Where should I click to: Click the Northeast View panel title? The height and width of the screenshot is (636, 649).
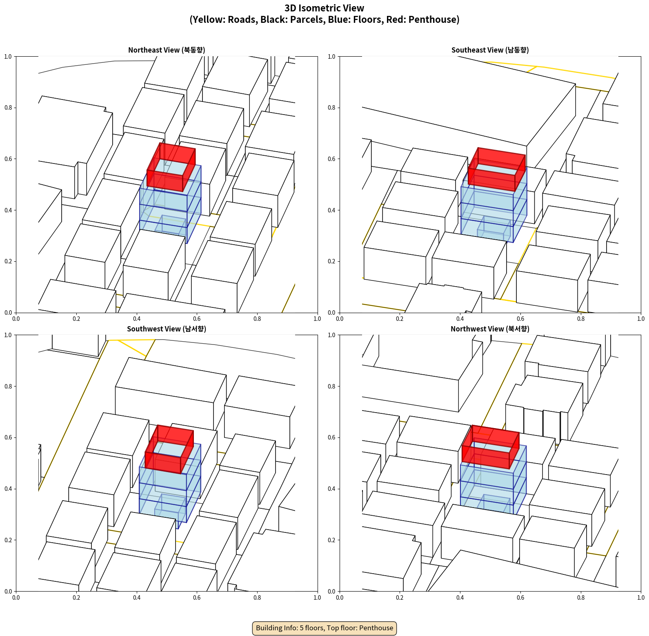click(x=167, y=50)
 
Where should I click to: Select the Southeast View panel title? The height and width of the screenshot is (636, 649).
click(x=490, y=50)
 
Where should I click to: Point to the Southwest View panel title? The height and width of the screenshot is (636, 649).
click(x=167, y=329)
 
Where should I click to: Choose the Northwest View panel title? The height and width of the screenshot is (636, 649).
click(x=490, y=329)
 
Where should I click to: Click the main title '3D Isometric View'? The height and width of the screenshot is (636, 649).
click(x=324, y=8)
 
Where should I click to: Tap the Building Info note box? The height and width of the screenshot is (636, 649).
click(x=324, y=628)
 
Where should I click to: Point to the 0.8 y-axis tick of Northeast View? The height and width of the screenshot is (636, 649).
click(x=8, y=108)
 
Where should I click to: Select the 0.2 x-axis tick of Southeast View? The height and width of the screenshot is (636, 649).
click(x=400, y=319)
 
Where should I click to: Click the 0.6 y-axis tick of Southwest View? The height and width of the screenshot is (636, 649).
click(x=8, y=437)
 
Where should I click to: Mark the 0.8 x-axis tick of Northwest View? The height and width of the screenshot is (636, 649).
click(x=580, y=598)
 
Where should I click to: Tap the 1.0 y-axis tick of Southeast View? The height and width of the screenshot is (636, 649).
click(x=332, y=57)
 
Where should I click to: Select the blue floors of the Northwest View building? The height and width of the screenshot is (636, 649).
click(x=493, y=481)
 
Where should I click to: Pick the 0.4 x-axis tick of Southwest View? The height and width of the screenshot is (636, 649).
click(x=136, y=598)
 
